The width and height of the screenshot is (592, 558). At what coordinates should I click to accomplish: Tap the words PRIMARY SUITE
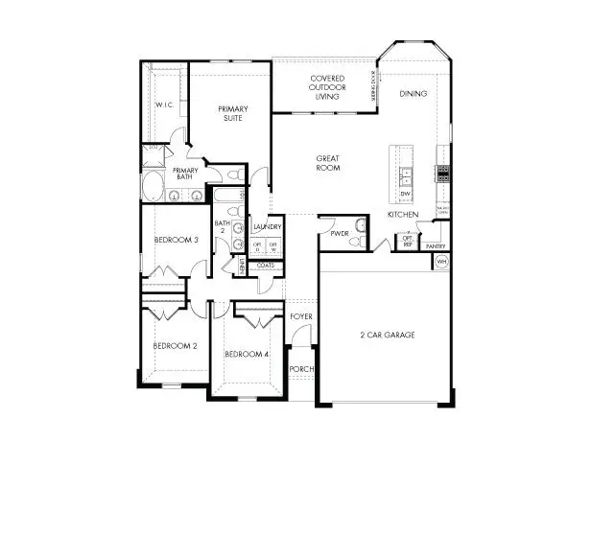pyautogui.click(x=233, y=113)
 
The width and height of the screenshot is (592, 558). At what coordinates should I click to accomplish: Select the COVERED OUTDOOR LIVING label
pyautogui.click(x=320, y=86)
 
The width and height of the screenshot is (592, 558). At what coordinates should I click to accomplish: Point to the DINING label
pyautogui.click(x=414, y=94)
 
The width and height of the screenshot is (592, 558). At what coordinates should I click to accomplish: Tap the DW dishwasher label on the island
pyautogui.click(x=406, y=194)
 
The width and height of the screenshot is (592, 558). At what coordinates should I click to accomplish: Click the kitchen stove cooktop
pyautogui.click(x=443, y=174)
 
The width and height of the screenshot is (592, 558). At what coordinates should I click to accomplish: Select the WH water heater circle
pyautogui.click(x=442, y=261)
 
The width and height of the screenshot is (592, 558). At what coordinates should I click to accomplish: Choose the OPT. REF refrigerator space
pyautogui.click(x=407, y=242)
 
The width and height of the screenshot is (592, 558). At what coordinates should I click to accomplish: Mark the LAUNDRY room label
pyautogui.click(x=267, y=227)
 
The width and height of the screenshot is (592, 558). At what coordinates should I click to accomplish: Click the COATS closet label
pyautogui.click(x=266, y=266)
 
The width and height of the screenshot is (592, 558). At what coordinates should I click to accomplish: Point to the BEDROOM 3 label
pyautogui.click(x=176, y=240)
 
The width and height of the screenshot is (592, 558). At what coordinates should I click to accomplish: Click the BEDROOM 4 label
pyautogui.click(x=247, y=354)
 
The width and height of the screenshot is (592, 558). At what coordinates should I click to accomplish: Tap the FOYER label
pyautogui.click(x=301, y=315)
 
